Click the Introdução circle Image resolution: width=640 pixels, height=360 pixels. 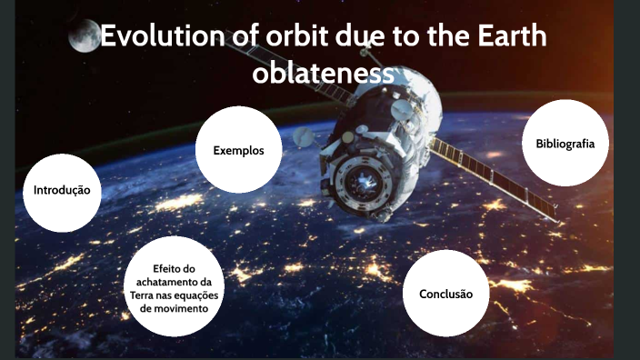(61, 192)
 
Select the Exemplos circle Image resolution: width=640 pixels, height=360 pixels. (238, 150)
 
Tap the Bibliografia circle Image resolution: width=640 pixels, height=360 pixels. (565, 144)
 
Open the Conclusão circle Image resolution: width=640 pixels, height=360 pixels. (445, 295)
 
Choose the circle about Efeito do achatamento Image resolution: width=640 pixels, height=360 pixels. (174, 288)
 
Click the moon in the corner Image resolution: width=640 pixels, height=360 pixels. (84, 36)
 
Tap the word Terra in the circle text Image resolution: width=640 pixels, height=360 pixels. (142, 295)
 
